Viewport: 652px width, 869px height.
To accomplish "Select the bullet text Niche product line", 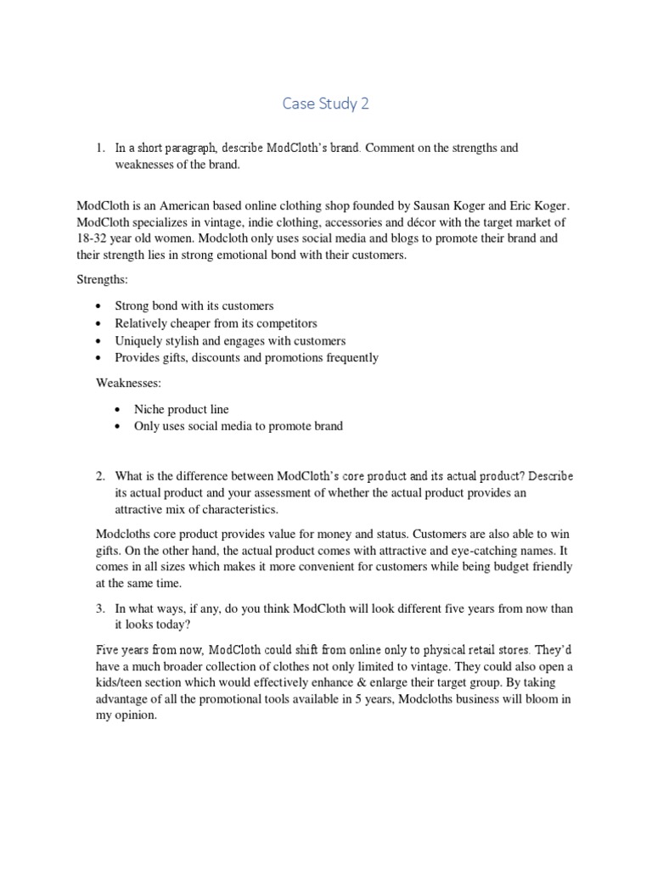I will click(181, 409).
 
